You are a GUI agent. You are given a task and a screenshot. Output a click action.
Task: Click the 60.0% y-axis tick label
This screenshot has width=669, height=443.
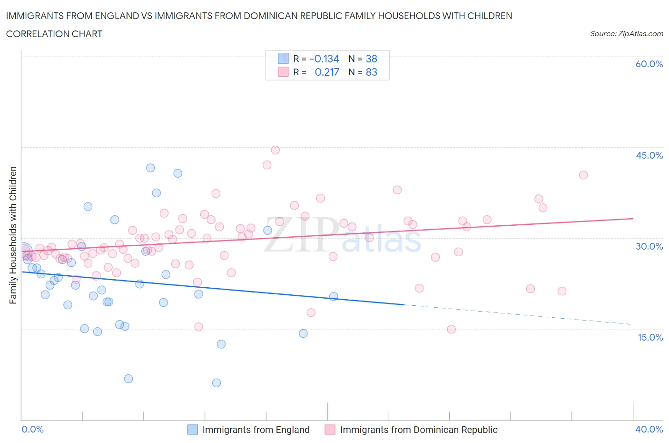649,64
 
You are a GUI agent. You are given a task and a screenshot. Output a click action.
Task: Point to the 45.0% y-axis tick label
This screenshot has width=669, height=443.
649,155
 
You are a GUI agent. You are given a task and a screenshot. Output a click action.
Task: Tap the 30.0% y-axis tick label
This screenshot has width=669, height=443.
649,246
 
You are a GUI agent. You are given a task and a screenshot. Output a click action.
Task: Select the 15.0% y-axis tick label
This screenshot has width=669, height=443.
649,337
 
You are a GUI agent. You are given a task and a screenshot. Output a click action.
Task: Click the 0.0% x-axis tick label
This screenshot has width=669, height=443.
32,429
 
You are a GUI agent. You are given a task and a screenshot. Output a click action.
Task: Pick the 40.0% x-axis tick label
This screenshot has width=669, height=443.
649,429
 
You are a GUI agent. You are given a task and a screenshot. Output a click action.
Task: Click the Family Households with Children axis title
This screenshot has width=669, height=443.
13,235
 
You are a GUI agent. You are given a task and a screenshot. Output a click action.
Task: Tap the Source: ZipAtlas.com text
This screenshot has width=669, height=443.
626,34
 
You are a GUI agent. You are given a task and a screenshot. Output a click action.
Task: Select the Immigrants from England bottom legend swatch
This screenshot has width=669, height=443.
192,430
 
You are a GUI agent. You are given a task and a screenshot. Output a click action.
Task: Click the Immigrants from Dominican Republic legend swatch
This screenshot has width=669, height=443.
330,430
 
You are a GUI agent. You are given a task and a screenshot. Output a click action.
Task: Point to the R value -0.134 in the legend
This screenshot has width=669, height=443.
325,59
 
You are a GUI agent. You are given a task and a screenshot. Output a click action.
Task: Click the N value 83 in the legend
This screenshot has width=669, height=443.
371,72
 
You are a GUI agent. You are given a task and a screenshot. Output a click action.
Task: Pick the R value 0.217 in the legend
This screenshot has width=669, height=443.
327,72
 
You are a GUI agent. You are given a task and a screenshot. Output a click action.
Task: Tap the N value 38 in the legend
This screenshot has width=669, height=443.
371,59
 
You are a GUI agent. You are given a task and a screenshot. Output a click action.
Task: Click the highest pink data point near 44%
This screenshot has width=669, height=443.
275,150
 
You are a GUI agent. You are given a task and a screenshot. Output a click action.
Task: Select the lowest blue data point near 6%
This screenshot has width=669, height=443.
216,383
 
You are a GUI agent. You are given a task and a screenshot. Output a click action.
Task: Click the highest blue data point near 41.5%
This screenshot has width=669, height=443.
150,168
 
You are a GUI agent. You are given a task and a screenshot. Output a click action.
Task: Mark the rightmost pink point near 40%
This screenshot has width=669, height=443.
583,175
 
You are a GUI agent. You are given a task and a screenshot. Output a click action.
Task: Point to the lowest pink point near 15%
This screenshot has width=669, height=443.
452,329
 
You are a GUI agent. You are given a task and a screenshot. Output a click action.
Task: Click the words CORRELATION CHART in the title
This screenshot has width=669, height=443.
54,34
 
